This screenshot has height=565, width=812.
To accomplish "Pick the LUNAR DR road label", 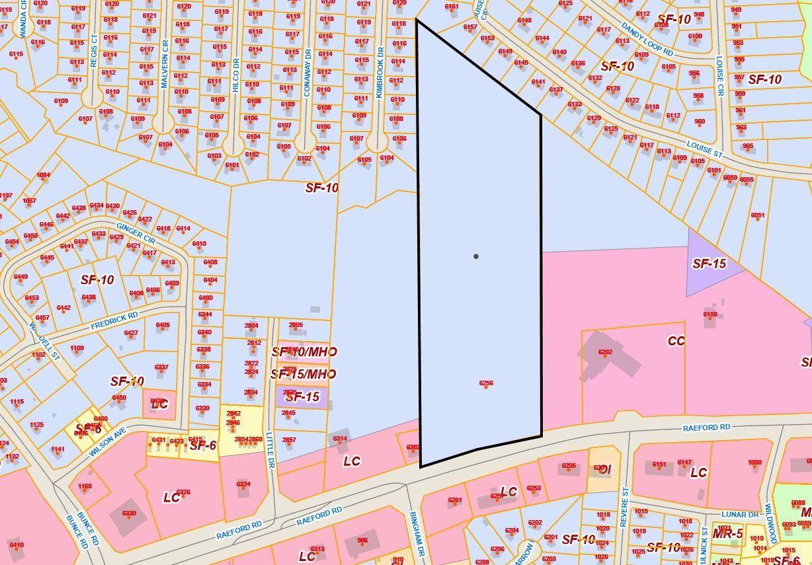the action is click(x=739, y=515).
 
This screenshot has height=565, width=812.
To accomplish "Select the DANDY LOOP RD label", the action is click(x=647, y=39).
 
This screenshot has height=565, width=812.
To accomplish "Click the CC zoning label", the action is click(x=676, y=341).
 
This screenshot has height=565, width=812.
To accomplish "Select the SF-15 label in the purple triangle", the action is click(x=709, y=264).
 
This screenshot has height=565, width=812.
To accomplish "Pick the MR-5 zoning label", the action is click(x=727, y=533).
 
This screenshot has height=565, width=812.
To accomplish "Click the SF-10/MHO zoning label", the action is click(x=304, y=352).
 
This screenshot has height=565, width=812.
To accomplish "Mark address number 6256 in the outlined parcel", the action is click(x=486, y=383).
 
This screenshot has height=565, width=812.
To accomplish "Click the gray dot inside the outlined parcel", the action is click(x=476, y=256).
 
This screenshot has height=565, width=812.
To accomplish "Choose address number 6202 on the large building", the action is click(x=605, y=352).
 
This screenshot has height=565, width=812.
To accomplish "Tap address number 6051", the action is click(x=758, y=215).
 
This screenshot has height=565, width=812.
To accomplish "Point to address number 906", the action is click(x=362, y=541).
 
